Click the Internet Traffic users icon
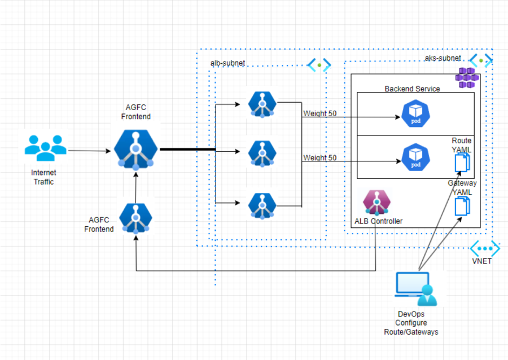pyautogui.click(x=45, y=148)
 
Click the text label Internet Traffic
pyautogui.click(x=43, y=177)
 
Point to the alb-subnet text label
pyautogui.click(x=227, y=63)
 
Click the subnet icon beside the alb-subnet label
pyautogui.click(x=319, y=65)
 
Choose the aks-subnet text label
pyautogui.click(x=443, y=58)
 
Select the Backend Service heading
pyautogui.click(x=412, y=89)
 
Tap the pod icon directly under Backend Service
pyautogui.click(x=415, y=115)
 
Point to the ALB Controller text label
pyautogui.click(x=378, y=221)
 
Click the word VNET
pyautogui.click(x=483, y=262)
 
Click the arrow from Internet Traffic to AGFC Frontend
pyautogui.click(x=89, y=151)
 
